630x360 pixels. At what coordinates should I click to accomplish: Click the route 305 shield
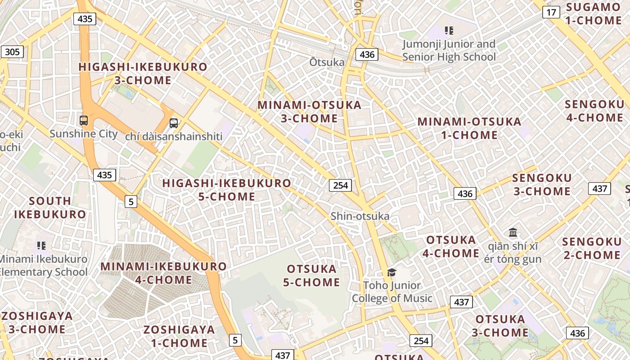(12, 52)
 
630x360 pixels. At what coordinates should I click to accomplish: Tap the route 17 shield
(551, 12)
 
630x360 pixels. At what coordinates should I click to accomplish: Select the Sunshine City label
(83, 134)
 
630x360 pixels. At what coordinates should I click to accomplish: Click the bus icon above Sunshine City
(84, 121)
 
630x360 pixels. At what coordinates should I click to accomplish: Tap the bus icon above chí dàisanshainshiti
(174, 123)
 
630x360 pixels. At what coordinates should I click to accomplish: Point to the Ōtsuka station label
(327, 62)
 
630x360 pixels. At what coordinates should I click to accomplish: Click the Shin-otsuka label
(360, 216)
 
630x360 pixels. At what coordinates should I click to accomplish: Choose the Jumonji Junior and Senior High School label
(449, 50)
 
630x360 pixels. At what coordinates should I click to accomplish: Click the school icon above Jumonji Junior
(449, 31)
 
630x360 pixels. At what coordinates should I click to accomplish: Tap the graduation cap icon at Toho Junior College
(391, 272)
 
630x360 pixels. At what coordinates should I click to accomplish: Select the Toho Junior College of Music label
(391, 292)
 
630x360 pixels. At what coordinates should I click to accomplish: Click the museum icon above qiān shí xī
(513, 233)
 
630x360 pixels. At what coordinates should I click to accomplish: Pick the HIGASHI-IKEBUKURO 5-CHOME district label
(227, 190)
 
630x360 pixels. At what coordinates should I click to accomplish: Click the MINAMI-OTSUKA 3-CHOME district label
(309, 112)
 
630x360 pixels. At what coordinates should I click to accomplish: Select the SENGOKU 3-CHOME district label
(542, 184)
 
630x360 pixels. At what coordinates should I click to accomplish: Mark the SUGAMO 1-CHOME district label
(594, 13)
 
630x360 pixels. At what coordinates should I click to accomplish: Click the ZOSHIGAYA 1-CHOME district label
(179, 336)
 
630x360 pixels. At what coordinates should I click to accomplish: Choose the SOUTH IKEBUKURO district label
(49, 207)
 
